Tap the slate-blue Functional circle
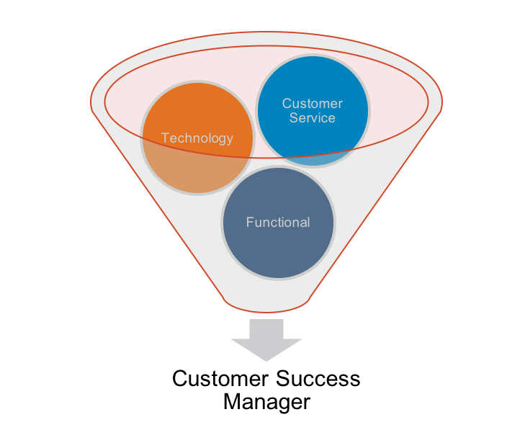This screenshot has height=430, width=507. pyautogui.click(x=278, y=238)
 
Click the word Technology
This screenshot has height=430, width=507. pyautogui.click(x=197, y=138)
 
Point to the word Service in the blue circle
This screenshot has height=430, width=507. pyautogui.click(x=313, y=117)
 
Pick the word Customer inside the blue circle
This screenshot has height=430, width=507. pyautogui.click(x=313, y=103)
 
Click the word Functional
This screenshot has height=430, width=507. pyautogui.click(x=278, y=223)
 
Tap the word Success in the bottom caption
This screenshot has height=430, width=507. pyautogui.click(x=317, y=378)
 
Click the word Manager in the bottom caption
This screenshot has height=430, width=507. pyautogui.click(x=266, y=401)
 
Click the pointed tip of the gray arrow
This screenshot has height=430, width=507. pyautogui.click(x=266, y=359)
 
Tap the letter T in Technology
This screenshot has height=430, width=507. pyautogui.click(x=164, y=138)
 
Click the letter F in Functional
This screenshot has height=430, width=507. pyautogui.click(x=249, y=223)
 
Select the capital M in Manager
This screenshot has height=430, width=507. pyautogui.click(x=232, y=401)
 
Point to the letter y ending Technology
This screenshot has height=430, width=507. pyautogui.click(x=230, y=140)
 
